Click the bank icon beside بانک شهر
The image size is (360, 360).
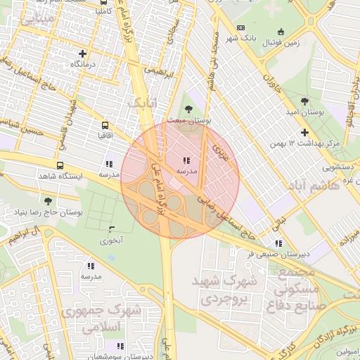click(241, 27)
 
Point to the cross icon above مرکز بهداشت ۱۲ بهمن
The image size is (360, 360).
click(304, 132)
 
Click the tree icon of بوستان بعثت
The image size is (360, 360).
click(188, 109)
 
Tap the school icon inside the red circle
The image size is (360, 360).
click(186, 160)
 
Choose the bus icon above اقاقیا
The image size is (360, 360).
click(105, 122)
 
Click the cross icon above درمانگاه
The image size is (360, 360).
click(83, 53)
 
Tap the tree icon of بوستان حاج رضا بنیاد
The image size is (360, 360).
click(48, 201)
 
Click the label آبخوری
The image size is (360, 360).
click(112, 240)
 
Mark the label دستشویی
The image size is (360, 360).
click(337, 167)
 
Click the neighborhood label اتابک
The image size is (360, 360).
click(142, 104)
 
